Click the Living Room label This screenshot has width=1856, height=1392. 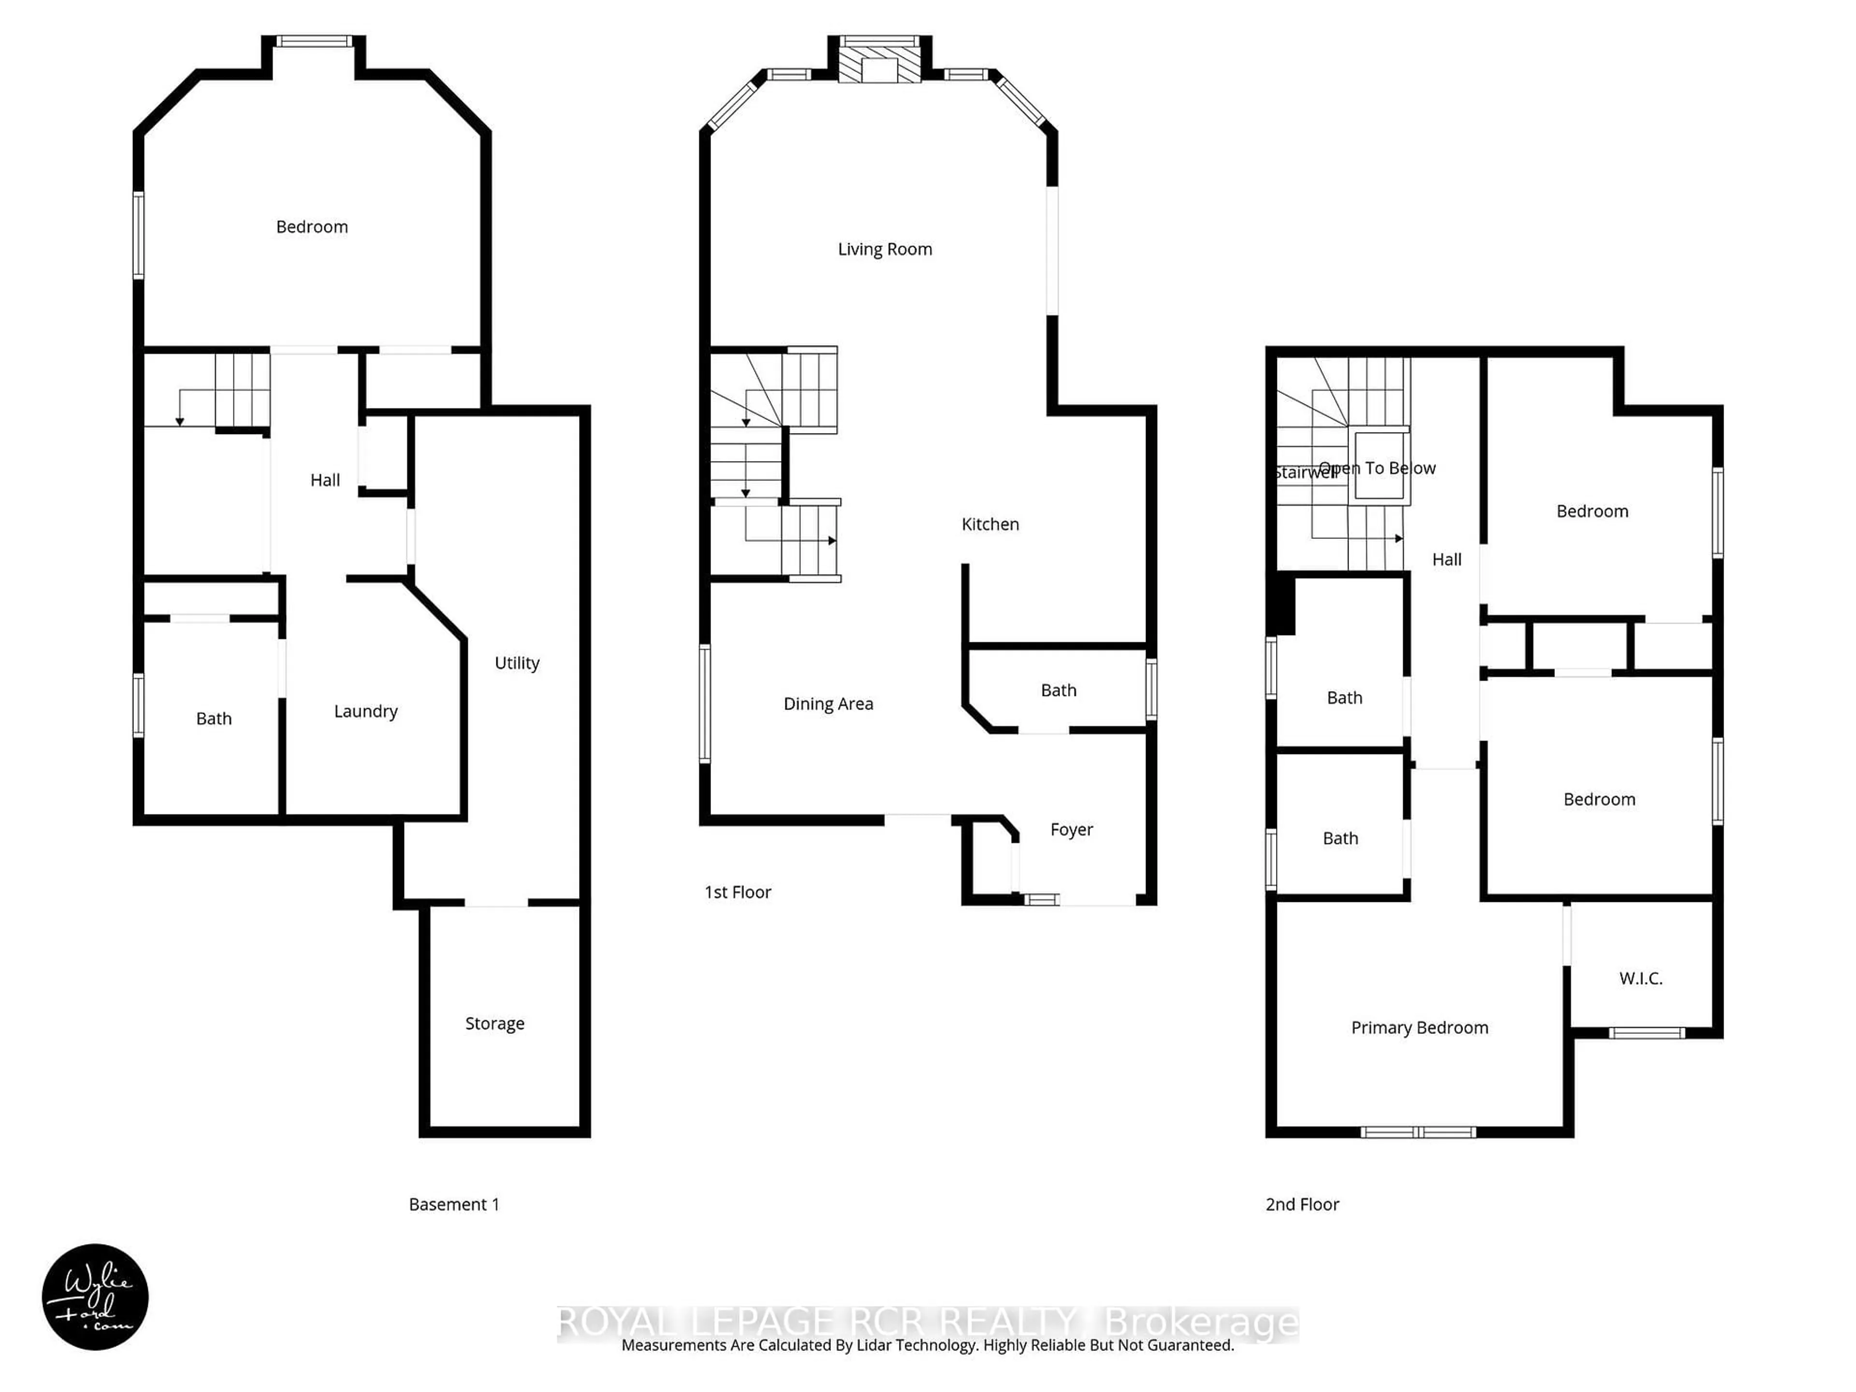(884, 249)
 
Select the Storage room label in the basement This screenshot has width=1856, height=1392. (494, 1024)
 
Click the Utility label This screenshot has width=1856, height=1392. (517, 663)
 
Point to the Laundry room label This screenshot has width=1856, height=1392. (365, 711)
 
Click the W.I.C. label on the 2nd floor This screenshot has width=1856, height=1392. (1640, 978)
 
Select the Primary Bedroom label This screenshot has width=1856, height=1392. (1420, 1028)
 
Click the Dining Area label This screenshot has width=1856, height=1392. (828, 704)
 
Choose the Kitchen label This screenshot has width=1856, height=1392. (990, 524)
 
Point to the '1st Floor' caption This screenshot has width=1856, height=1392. (738, 892)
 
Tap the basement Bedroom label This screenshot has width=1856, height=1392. (311, 227)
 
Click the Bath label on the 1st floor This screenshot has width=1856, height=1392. (1058, 691)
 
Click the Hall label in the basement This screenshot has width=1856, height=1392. (325, 480)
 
